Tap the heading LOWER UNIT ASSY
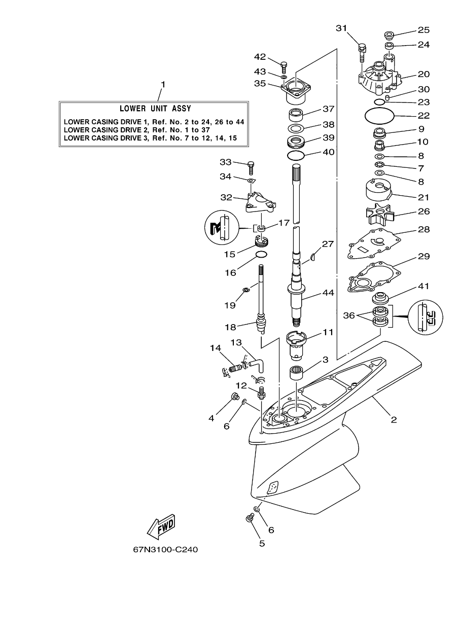155,109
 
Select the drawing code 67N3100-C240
162,549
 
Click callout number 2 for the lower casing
394,419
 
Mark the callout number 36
348,315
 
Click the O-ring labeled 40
295,154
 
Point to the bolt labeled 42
284,65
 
